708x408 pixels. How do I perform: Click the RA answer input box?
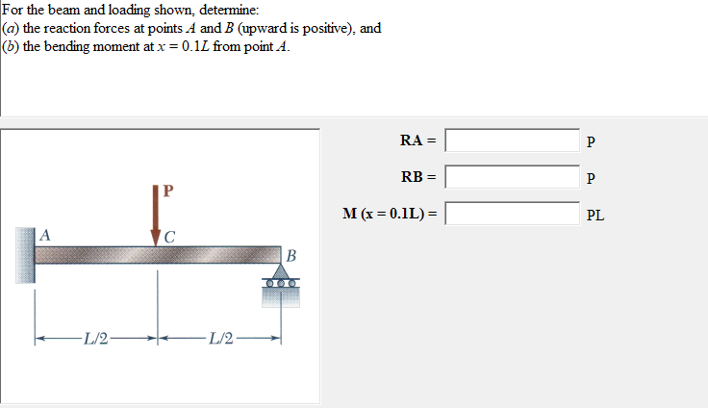512,141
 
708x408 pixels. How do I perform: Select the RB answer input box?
512,177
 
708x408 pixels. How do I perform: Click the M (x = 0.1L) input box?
512,213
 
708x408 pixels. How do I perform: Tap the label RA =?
418,140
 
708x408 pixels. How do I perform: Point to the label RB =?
418,177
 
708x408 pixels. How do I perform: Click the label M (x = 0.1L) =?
389,213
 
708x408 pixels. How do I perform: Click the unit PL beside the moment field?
595,216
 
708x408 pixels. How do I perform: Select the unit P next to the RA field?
591,143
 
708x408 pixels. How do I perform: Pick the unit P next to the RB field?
591,179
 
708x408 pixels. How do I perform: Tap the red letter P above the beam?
168,190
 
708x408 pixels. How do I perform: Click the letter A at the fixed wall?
44,234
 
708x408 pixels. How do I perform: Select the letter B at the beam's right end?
291,256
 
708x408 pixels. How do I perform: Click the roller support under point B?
280,286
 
